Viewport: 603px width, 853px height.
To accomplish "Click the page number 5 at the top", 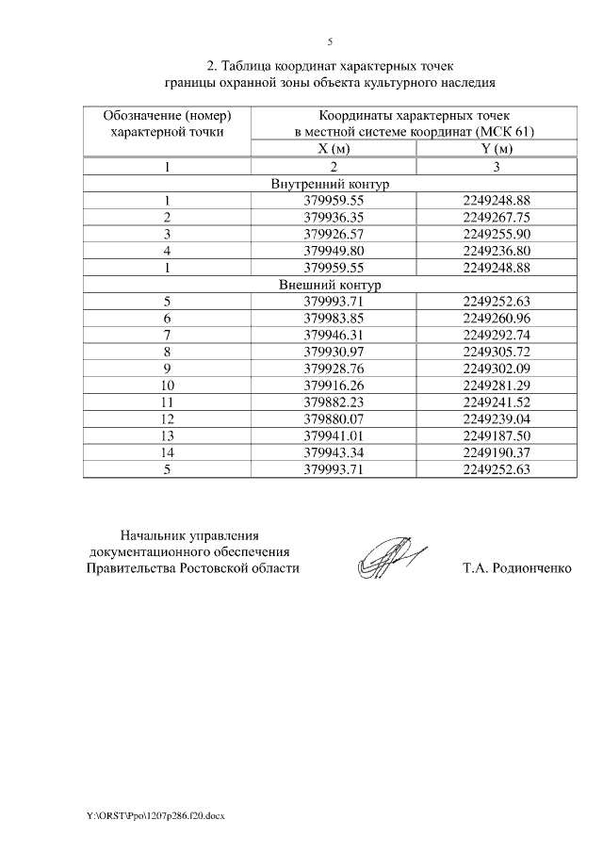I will point(330,41).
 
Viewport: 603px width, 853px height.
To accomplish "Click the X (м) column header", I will point(334,150).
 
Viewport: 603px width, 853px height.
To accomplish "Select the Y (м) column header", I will point(497,150).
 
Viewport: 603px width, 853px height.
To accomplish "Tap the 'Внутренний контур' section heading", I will point(329,184).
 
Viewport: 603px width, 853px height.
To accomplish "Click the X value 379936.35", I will point(334,218).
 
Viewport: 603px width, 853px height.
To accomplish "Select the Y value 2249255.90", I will point(497,235).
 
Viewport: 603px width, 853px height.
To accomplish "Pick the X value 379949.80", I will point(334,251).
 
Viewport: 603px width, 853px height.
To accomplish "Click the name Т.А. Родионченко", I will point(517,569).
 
